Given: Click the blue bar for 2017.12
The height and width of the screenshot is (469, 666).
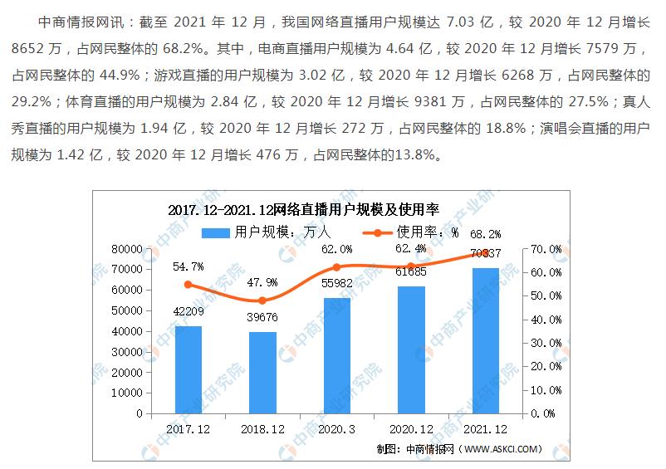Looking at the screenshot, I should pos(188,369).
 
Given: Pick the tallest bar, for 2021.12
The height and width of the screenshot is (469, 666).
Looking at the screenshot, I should pos(486,340).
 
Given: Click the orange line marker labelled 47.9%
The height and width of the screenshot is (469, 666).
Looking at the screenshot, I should pos(262,300).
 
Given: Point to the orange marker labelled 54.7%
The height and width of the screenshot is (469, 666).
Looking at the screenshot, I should pos(188,285).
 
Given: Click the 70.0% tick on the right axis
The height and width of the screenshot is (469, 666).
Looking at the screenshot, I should pos(545,249).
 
